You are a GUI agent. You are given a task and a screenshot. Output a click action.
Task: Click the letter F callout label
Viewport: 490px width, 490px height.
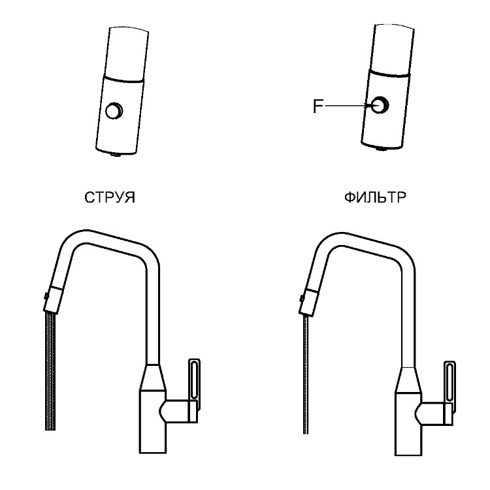318,106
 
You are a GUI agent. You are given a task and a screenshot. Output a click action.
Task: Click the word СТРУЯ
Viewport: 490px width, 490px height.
110,197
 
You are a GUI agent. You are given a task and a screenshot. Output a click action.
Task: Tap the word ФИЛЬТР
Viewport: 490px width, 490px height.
375,197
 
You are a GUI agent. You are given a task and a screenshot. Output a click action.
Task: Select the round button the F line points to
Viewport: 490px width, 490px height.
380,105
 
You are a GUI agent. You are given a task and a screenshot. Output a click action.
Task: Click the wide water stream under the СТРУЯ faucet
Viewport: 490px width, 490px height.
50,372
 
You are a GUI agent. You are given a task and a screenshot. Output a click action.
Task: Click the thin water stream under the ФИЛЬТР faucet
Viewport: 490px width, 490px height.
305,375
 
